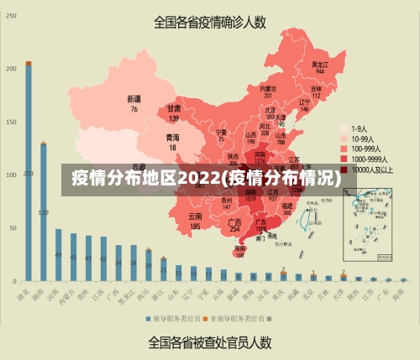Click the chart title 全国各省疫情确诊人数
tap(210, 23)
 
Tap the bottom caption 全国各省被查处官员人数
tap(209, 342)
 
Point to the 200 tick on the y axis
tap(11, 69)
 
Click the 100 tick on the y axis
tap(11, 175)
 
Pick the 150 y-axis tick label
tap(11, 122)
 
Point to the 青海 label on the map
tap(172, 138)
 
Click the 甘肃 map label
tap(174, 109)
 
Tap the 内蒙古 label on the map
tap(268, 88)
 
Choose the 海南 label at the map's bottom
tap(240, 248)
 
